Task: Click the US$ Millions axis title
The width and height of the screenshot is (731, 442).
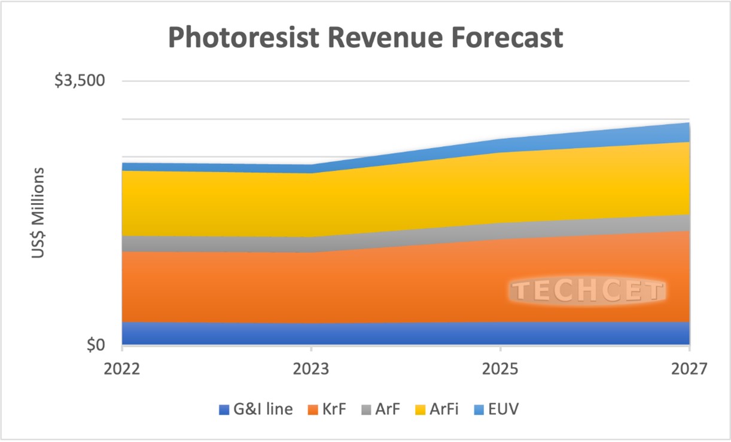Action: pyautogui.click(x=38, y=213)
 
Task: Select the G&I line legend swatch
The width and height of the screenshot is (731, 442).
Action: pyautogui.click(x=224, y=410)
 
